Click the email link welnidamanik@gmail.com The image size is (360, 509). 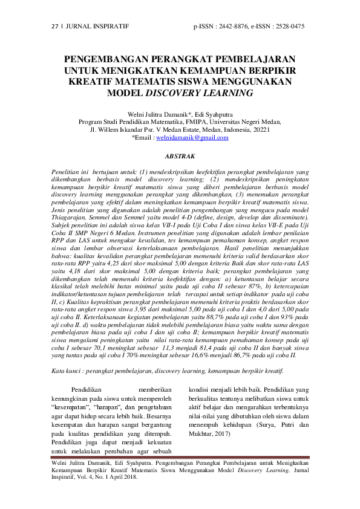192,137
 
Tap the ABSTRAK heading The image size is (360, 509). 180,155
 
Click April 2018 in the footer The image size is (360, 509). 123,476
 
